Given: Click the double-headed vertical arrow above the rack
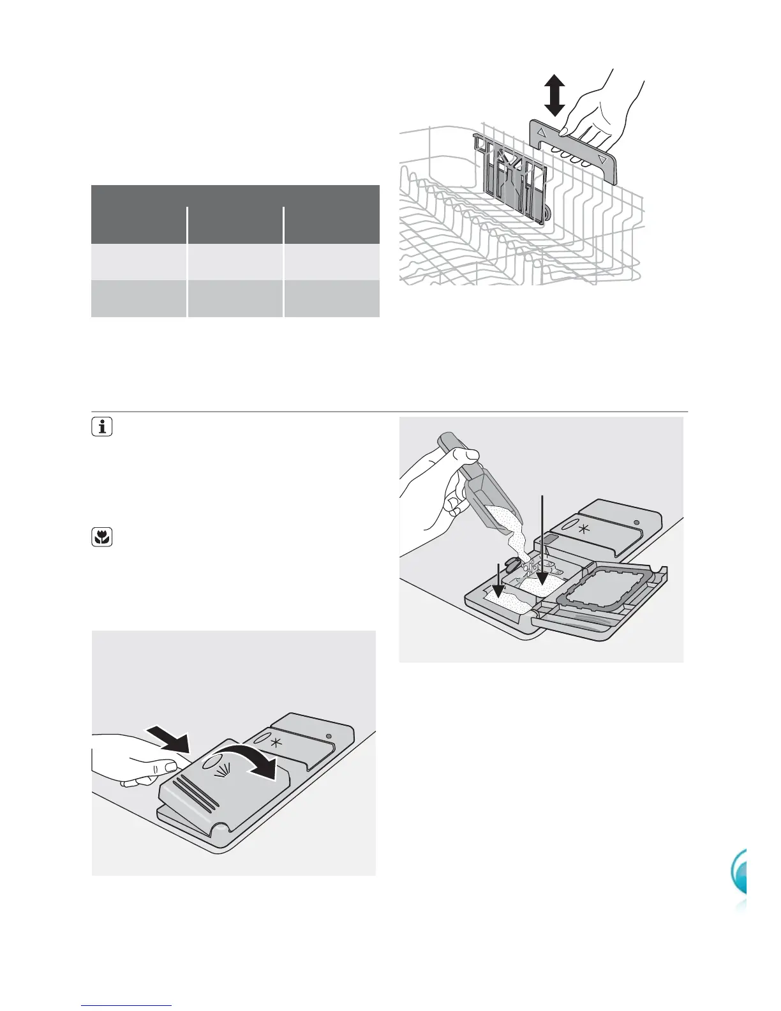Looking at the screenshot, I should tap(555, 95).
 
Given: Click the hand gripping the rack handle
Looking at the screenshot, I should tap(600, 109).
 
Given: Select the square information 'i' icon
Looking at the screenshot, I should tap(102, 427).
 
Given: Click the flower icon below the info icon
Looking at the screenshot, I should tap(102, 538).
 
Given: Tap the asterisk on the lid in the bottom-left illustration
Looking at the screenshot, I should tap(275, 744).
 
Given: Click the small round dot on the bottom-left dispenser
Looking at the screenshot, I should tap(330, 737).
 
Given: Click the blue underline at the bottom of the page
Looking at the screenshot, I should tap(127, 1005).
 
